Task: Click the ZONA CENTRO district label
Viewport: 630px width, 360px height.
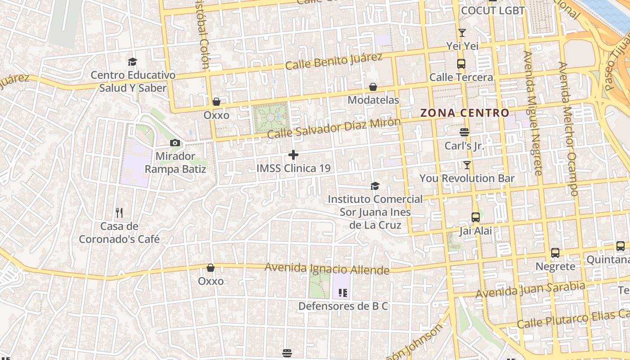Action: [x=464, y=113]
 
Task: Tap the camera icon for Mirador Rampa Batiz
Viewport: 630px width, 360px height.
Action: [x=175, y=143]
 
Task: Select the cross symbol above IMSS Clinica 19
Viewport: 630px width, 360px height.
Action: [x=293, y=155]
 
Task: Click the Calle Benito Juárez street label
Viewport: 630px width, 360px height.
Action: [x=333, y=62]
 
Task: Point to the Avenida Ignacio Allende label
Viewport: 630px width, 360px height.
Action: [x=327, y=269]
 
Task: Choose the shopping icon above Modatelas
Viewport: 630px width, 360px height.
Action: [x=373, y=87]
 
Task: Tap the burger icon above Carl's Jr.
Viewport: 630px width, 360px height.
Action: [x=464, y=132]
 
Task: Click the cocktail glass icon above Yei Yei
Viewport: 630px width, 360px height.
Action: [x=462, y=32]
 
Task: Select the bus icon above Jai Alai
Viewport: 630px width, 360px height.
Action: [x=475, y=217]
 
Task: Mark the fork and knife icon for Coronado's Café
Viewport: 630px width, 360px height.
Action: [x=119, y=212]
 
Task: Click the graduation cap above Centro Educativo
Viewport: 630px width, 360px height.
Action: [x=132, y=62]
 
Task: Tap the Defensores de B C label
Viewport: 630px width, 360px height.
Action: [x=343, y=306]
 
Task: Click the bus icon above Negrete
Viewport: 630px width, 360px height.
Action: [x=555, y=253]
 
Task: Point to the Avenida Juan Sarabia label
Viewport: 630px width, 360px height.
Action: [x=530, y=289]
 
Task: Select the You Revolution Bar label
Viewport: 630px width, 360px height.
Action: [x=467, y=178]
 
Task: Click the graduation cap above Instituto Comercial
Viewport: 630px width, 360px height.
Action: [x=375, y=186]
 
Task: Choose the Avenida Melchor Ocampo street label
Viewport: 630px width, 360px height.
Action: [x=568, y=128]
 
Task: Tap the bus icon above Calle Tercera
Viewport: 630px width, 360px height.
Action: [x=461, y=64]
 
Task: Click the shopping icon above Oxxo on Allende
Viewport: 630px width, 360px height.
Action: [x=211, y=268]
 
